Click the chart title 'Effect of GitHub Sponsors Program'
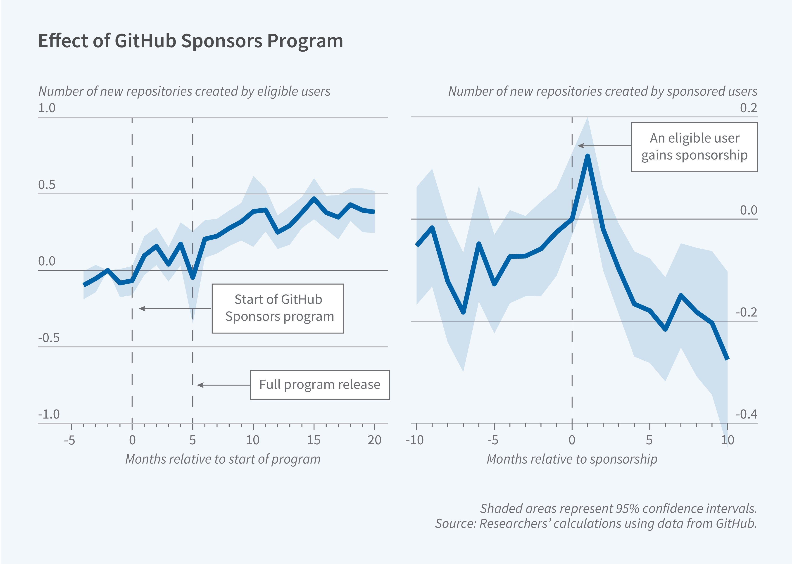click(x=190, y=41)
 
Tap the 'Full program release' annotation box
click(x=319, y=385)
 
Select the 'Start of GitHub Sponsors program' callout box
click(x=278, y=308)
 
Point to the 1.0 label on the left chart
click(x=47, y=108)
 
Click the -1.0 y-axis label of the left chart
click(x=49, y=414)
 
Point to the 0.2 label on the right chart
click(x=748, y=108)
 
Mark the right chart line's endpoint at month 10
click(x=727, y=358)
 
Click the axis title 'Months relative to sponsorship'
click(x=572, y=459)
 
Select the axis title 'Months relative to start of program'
click(x=223, y=459)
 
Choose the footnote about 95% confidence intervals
click(x=618, y=508)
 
